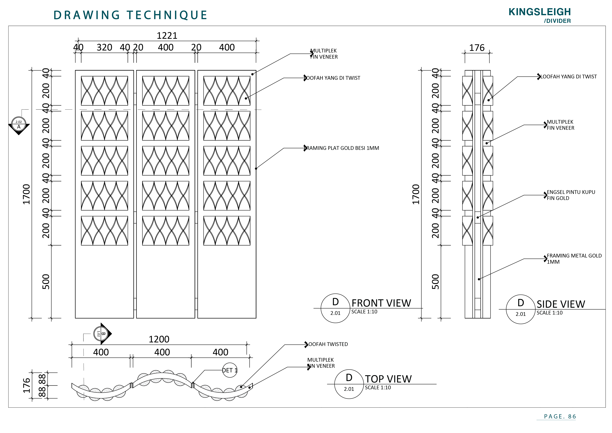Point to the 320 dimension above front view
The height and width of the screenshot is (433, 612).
pyautogui.click(x=104, y=47)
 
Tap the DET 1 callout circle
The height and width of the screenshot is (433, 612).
pyautogui.click(x=229, y=370)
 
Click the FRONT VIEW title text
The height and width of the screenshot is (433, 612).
pyautogui.click(x=381, y=303)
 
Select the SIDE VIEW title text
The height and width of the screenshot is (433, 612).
pyautogui.click(x=561, y=304)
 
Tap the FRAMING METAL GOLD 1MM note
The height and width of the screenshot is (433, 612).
pyautogui.click(x=574, y=259)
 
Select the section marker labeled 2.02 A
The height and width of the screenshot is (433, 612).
pyautogui.click(x=19, y=125)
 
